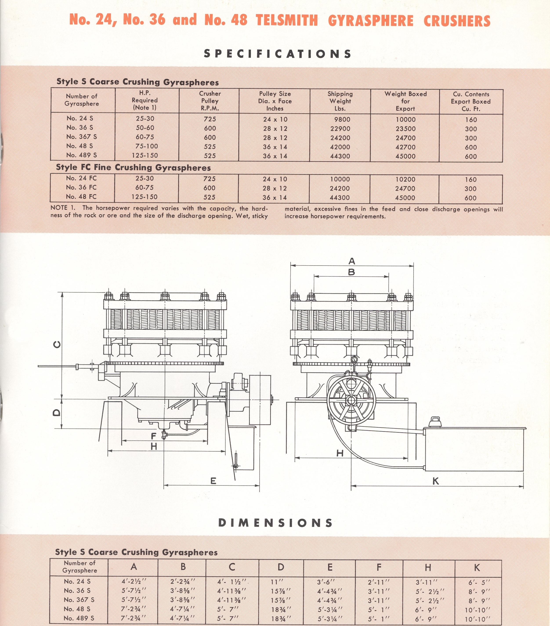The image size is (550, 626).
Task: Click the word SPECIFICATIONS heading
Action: click(x=277, y=54)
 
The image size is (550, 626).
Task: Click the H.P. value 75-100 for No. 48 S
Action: click(x=147, y=146)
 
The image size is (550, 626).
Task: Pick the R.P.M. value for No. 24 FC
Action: click(x=210, y=179)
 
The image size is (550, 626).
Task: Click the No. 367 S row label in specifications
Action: click(x=81, y=137)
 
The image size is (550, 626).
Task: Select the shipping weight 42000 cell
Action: click(x=340, y=147)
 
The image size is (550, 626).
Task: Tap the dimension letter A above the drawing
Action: click(x=352, y=261)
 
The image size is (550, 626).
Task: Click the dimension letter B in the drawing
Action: click(x=352, y=272)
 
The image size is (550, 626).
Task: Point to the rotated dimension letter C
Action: click(x=57, y=345)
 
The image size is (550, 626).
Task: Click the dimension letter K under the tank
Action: click(x=436, y=481)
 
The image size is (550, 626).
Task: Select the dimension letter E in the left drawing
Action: click(x=213, y=481)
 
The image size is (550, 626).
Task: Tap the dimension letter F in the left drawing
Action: click(x=154, y=436)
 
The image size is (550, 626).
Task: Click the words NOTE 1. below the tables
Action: click(x=63, y=208)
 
